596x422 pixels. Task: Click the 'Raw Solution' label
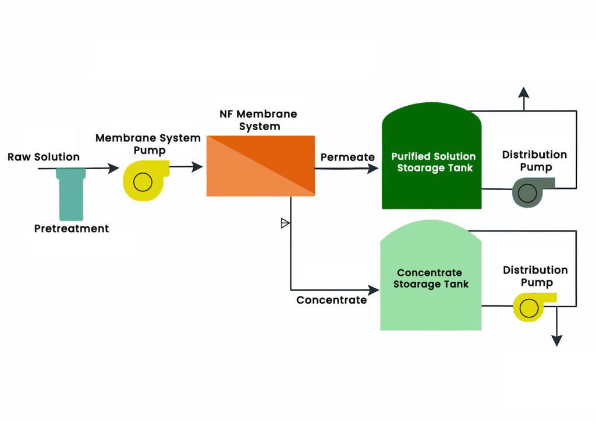44,158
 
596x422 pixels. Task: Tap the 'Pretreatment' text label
72,228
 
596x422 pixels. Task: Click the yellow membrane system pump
143,181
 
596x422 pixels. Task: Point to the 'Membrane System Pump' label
148,144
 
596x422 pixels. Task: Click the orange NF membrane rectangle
261,166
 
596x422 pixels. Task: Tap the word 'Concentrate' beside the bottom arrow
331,300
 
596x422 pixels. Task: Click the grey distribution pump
530,191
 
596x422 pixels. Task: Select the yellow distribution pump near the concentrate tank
531,305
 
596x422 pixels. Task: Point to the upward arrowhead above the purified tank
524,92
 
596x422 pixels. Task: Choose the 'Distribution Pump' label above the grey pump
534,161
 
